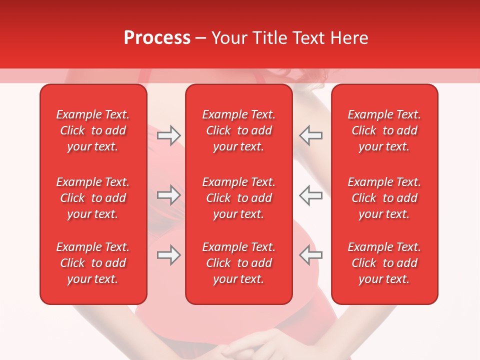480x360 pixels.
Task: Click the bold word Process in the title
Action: click(157, 38)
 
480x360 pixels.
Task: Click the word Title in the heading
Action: click(269, 38)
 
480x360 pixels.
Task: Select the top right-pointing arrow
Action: click(168, 135)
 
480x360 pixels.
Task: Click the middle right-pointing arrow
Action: click(168, 195)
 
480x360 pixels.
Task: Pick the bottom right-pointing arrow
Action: click(168, 255)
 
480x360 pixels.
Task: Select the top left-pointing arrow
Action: click(310, 135)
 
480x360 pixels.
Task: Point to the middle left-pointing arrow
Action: click(310, 195)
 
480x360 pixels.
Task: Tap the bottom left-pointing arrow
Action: click(310, 255)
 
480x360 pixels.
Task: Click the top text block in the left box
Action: click(93, 130)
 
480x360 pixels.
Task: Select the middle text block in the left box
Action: click(93, 198)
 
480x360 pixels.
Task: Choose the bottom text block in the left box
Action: click(93, 263)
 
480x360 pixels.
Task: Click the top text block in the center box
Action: click(239, 130)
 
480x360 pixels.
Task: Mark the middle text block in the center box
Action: click(239, 198)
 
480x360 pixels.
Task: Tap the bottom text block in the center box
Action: click(239, 263)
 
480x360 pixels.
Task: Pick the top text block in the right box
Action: click(384, 130)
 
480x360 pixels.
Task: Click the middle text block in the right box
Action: click(384, 198)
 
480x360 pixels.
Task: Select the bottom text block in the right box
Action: click(384, 263)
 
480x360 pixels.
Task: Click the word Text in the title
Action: click(309, 38)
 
